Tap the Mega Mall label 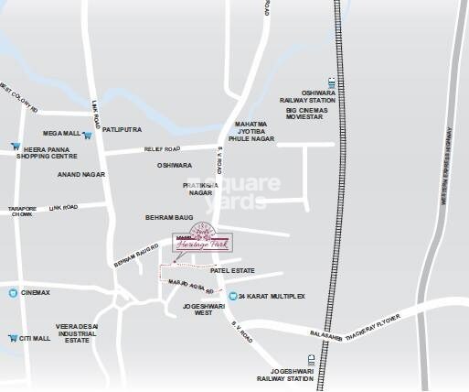tap(60, 135)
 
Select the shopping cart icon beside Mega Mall tap(87, 135)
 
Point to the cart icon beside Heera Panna tap(15, 147)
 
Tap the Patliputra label tap(120, 130)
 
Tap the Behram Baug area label tap(165, 217)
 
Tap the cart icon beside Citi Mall tap(13, 338)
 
